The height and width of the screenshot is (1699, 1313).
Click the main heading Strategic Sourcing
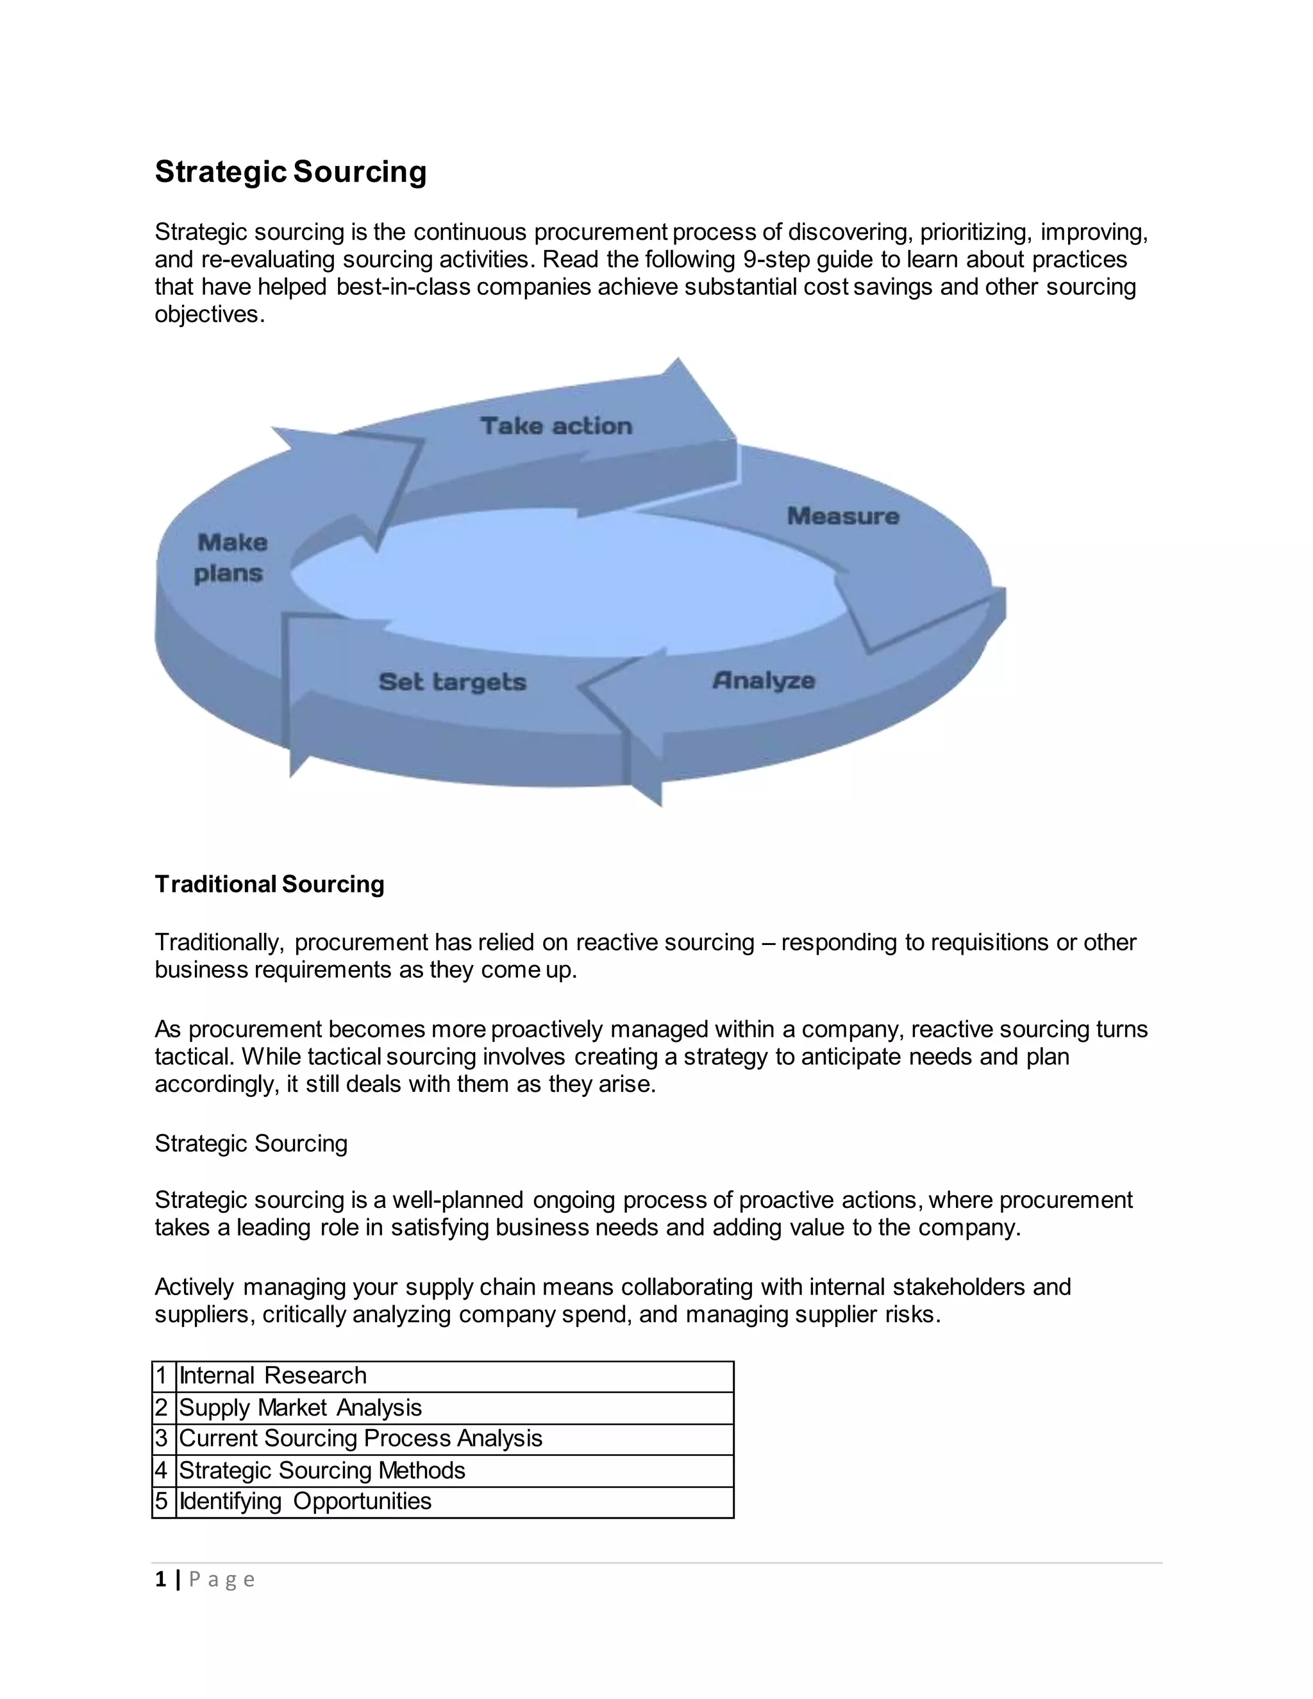[x=290, y=172]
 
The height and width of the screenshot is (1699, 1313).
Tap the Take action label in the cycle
[x=556, y=426]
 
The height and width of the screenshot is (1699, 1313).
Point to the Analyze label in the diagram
[x=763, y=681]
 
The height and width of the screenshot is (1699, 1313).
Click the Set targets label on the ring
[x=452, y=682]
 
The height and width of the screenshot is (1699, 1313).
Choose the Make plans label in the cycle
[x=231, y=558]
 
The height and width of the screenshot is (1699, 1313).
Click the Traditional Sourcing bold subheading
[x=269, y=885]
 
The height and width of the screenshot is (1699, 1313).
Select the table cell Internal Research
[x=273, y=1375]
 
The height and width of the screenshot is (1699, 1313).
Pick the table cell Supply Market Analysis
[x=300, y=1407]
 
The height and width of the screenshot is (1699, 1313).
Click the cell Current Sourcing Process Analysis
[x=360, y=1439]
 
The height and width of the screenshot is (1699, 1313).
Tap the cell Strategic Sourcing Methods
[x=322, y=1470]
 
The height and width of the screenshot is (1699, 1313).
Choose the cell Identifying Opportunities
[x=305, y=1501]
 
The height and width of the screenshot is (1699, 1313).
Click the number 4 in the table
[x=162, y=1470]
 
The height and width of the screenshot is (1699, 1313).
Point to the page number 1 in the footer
[x=161, y=1579]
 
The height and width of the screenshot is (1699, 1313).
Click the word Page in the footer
[x=222, y=1580]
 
